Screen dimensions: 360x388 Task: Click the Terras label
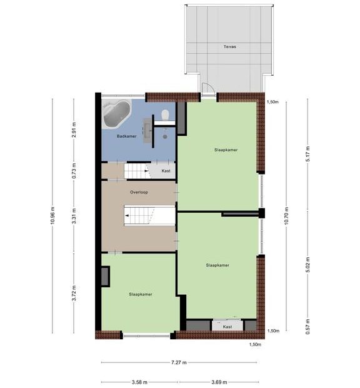click(229, 46)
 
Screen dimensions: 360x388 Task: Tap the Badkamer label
click(126, 136)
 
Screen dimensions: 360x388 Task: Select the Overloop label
click(139, 192)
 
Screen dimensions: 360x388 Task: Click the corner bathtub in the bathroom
click(116, 113)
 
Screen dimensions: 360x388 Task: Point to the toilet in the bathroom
click(165, 115)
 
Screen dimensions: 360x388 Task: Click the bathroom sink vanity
click(147, 130)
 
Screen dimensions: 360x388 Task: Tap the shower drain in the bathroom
click(165, 136)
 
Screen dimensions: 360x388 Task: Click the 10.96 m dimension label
click(52, 215)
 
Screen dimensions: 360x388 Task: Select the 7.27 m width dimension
click(179, 362)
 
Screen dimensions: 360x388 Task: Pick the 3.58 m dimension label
click(139, 382)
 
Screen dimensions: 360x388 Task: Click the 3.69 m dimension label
click(219, 382)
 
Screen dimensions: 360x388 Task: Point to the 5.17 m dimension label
click(307, 154)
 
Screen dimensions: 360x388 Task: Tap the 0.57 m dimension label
click(307, 327)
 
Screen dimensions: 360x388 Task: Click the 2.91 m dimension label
click(74, 130)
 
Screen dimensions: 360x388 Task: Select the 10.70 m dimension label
click(286, 215)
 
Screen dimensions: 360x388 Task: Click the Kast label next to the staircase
click(166, 171)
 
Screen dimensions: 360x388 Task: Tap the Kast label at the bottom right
click(227, 327)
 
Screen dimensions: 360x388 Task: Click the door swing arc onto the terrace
click(210, 87)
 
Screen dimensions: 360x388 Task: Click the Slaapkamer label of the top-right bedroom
click(226, 150)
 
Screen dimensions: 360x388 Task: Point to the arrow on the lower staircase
click(127, 215)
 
